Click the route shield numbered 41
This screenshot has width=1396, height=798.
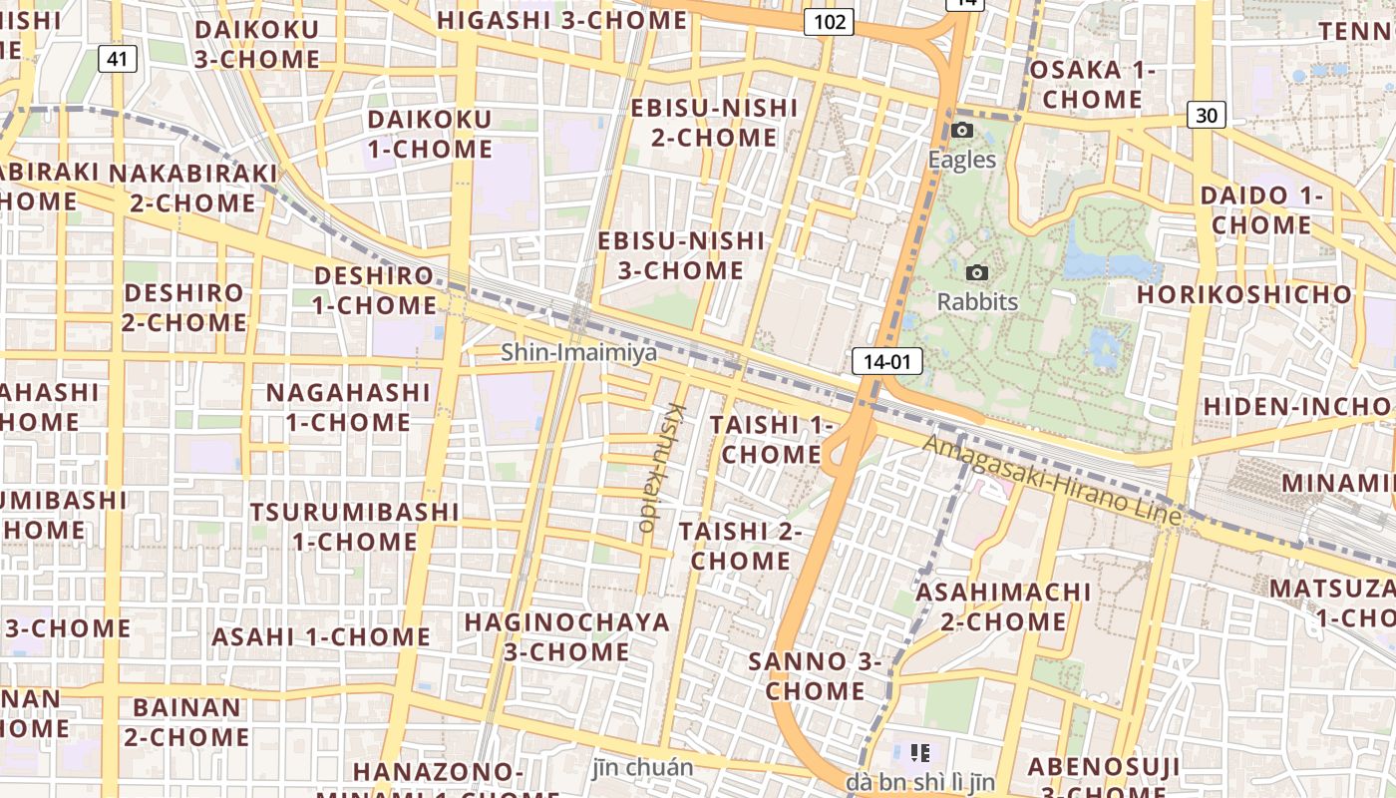117,59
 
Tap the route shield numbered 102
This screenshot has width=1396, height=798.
829,21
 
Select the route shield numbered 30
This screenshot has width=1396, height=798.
1207,115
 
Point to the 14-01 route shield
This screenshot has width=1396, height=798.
886,361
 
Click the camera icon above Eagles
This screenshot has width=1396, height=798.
962,130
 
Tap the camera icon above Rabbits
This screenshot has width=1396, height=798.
978,272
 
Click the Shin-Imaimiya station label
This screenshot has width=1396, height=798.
579,352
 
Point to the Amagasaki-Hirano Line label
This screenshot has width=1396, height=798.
1052,480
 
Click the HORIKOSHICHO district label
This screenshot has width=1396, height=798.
1244,294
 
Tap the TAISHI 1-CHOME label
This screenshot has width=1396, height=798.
771,440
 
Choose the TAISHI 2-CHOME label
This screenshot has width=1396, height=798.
741,546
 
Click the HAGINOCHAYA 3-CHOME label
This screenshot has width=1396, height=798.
566,636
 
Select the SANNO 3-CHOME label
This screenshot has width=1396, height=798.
815,675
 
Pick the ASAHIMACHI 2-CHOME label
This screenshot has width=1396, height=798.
1003,606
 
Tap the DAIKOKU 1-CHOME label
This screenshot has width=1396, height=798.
430,134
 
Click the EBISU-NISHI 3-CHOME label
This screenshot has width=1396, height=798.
681,255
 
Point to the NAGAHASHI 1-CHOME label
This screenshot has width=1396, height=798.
348,407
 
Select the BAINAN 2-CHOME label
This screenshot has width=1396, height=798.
186,722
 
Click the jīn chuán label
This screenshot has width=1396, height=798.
642,767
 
